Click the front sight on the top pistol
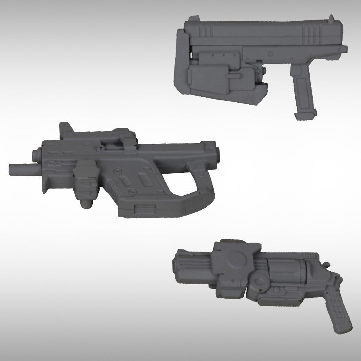[332, 18]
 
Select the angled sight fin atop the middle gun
[67, 130]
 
